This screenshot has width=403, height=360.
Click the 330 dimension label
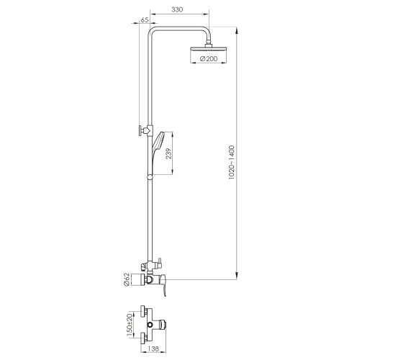pyautogui.click(x=177, y=9)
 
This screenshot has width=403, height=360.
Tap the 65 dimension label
pyautogui.click(x=145, y=20)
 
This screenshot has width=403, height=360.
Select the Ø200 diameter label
pyautogui.click(x=209, y=58)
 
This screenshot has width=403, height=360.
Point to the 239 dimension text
pyautogui.click(x=168, y=153)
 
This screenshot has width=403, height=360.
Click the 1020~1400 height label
pyautogui.click(x=232, y=162)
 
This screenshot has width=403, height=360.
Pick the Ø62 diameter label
pyautogui.click(x=127, y=279)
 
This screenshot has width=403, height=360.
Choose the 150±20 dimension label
pyautogui.click(x=130, y=325)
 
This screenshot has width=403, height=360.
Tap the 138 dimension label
pyautogui.click(x=154, y=348)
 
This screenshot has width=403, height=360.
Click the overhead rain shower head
pyautogui.click(x=208, y=48)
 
